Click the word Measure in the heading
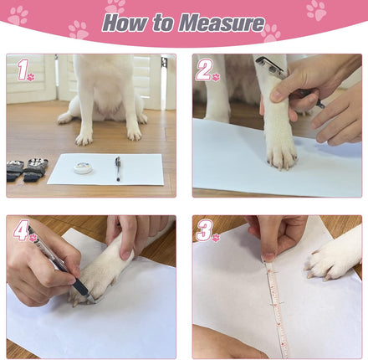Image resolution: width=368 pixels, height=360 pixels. [222, 23]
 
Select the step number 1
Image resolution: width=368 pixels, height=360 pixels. [23, 70]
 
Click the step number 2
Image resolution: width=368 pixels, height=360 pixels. [204, 70]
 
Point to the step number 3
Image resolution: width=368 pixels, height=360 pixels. [205, 231]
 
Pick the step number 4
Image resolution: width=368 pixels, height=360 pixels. [22, 230]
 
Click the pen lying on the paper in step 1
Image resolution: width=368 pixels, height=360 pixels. [118, 168]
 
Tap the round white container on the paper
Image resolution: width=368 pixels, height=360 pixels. [83, 168]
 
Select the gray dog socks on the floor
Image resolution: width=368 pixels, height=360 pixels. [28, 170]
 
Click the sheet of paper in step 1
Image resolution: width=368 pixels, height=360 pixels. [105, 169]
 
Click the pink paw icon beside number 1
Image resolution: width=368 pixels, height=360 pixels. [31, 77]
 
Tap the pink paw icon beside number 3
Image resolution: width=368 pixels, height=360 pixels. [216, 238]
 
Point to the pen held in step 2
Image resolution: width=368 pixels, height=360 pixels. [290, 81]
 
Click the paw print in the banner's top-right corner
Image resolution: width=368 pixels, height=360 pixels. [316, 11]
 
